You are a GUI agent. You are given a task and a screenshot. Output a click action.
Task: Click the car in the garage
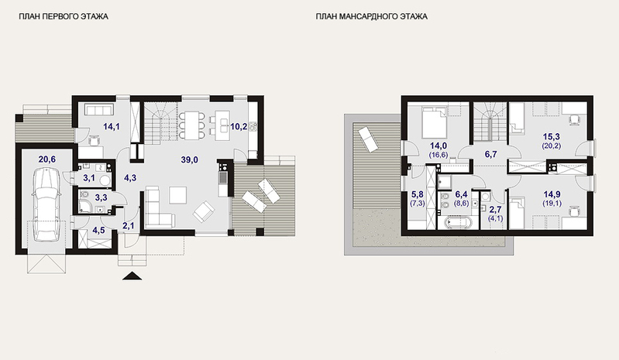click(x=46, y=204)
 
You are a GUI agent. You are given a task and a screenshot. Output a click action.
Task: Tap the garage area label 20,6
click(x=47, y=159)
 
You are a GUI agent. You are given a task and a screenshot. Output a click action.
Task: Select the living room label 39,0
click(x=190, y=159)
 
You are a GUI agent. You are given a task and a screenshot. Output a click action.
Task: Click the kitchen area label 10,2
click(x=239, y=126)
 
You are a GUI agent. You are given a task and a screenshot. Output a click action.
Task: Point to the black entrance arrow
click(x=132, y=276)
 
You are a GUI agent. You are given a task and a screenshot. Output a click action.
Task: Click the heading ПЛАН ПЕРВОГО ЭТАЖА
click(x=64, y=16)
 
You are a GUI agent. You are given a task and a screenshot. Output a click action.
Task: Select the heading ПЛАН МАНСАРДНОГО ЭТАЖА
click(x=372, y=16)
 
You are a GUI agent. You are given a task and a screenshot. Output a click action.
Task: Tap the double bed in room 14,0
click(x=434, y=122)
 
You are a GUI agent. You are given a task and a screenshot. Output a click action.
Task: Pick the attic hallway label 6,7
click(x=490, y=154)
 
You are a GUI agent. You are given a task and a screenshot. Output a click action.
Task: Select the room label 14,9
click(x=552, y=194)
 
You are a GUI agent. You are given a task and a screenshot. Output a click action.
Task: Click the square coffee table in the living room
click(x=177, y=195)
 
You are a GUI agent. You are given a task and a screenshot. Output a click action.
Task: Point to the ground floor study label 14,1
click(x=112, y=126)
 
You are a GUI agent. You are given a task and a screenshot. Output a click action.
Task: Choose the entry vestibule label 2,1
click(x=129, y=226)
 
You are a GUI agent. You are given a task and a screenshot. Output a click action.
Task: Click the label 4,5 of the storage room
click(x=98, y=230)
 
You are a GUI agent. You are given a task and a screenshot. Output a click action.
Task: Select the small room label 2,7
click(x=496, y=210)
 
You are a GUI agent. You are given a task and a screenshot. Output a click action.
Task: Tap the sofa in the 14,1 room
click(x=99, y=109)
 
